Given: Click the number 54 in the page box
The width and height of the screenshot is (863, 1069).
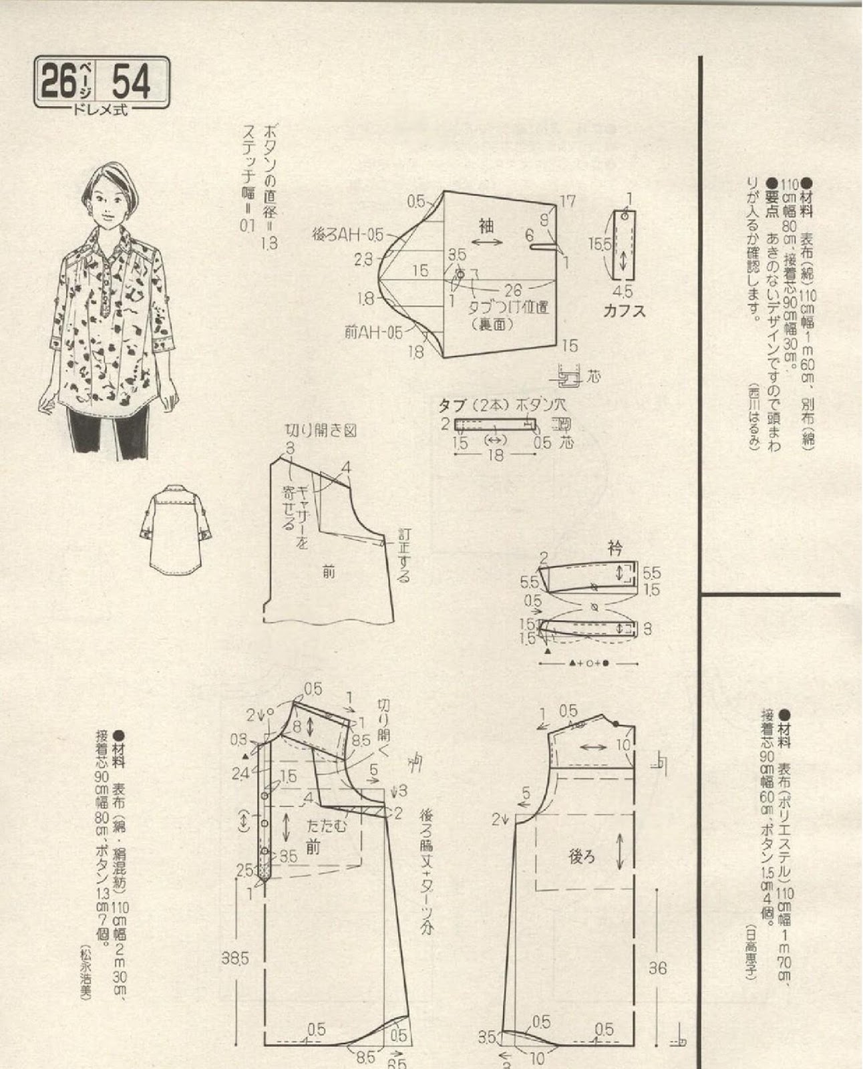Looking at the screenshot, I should click(x=132, y=82).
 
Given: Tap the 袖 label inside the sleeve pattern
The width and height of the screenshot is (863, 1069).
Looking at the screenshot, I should click(x=486, y=226).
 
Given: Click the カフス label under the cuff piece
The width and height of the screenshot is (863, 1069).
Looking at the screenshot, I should click(x=624, y=311).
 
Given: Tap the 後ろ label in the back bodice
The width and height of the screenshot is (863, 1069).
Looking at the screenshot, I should click(x=581, y=857).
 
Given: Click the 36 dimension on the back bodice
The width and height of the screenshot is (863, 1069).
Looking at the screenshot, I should click(x=657, y=968).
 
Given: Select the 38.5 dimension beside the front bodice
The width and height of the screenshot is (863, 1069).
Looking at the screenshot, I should click(x=235, y=959).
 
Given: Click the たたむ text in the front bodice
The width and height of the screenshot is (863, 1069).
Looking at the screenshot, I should click(x=327, y=826).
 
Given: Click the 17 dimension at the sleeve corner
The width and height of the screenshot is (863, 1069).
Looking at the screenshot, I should click(x=567, y=200).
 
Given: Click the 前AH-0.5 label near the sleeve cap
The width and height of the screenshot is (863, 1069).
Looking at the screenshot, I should click(x=374, y=332).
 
